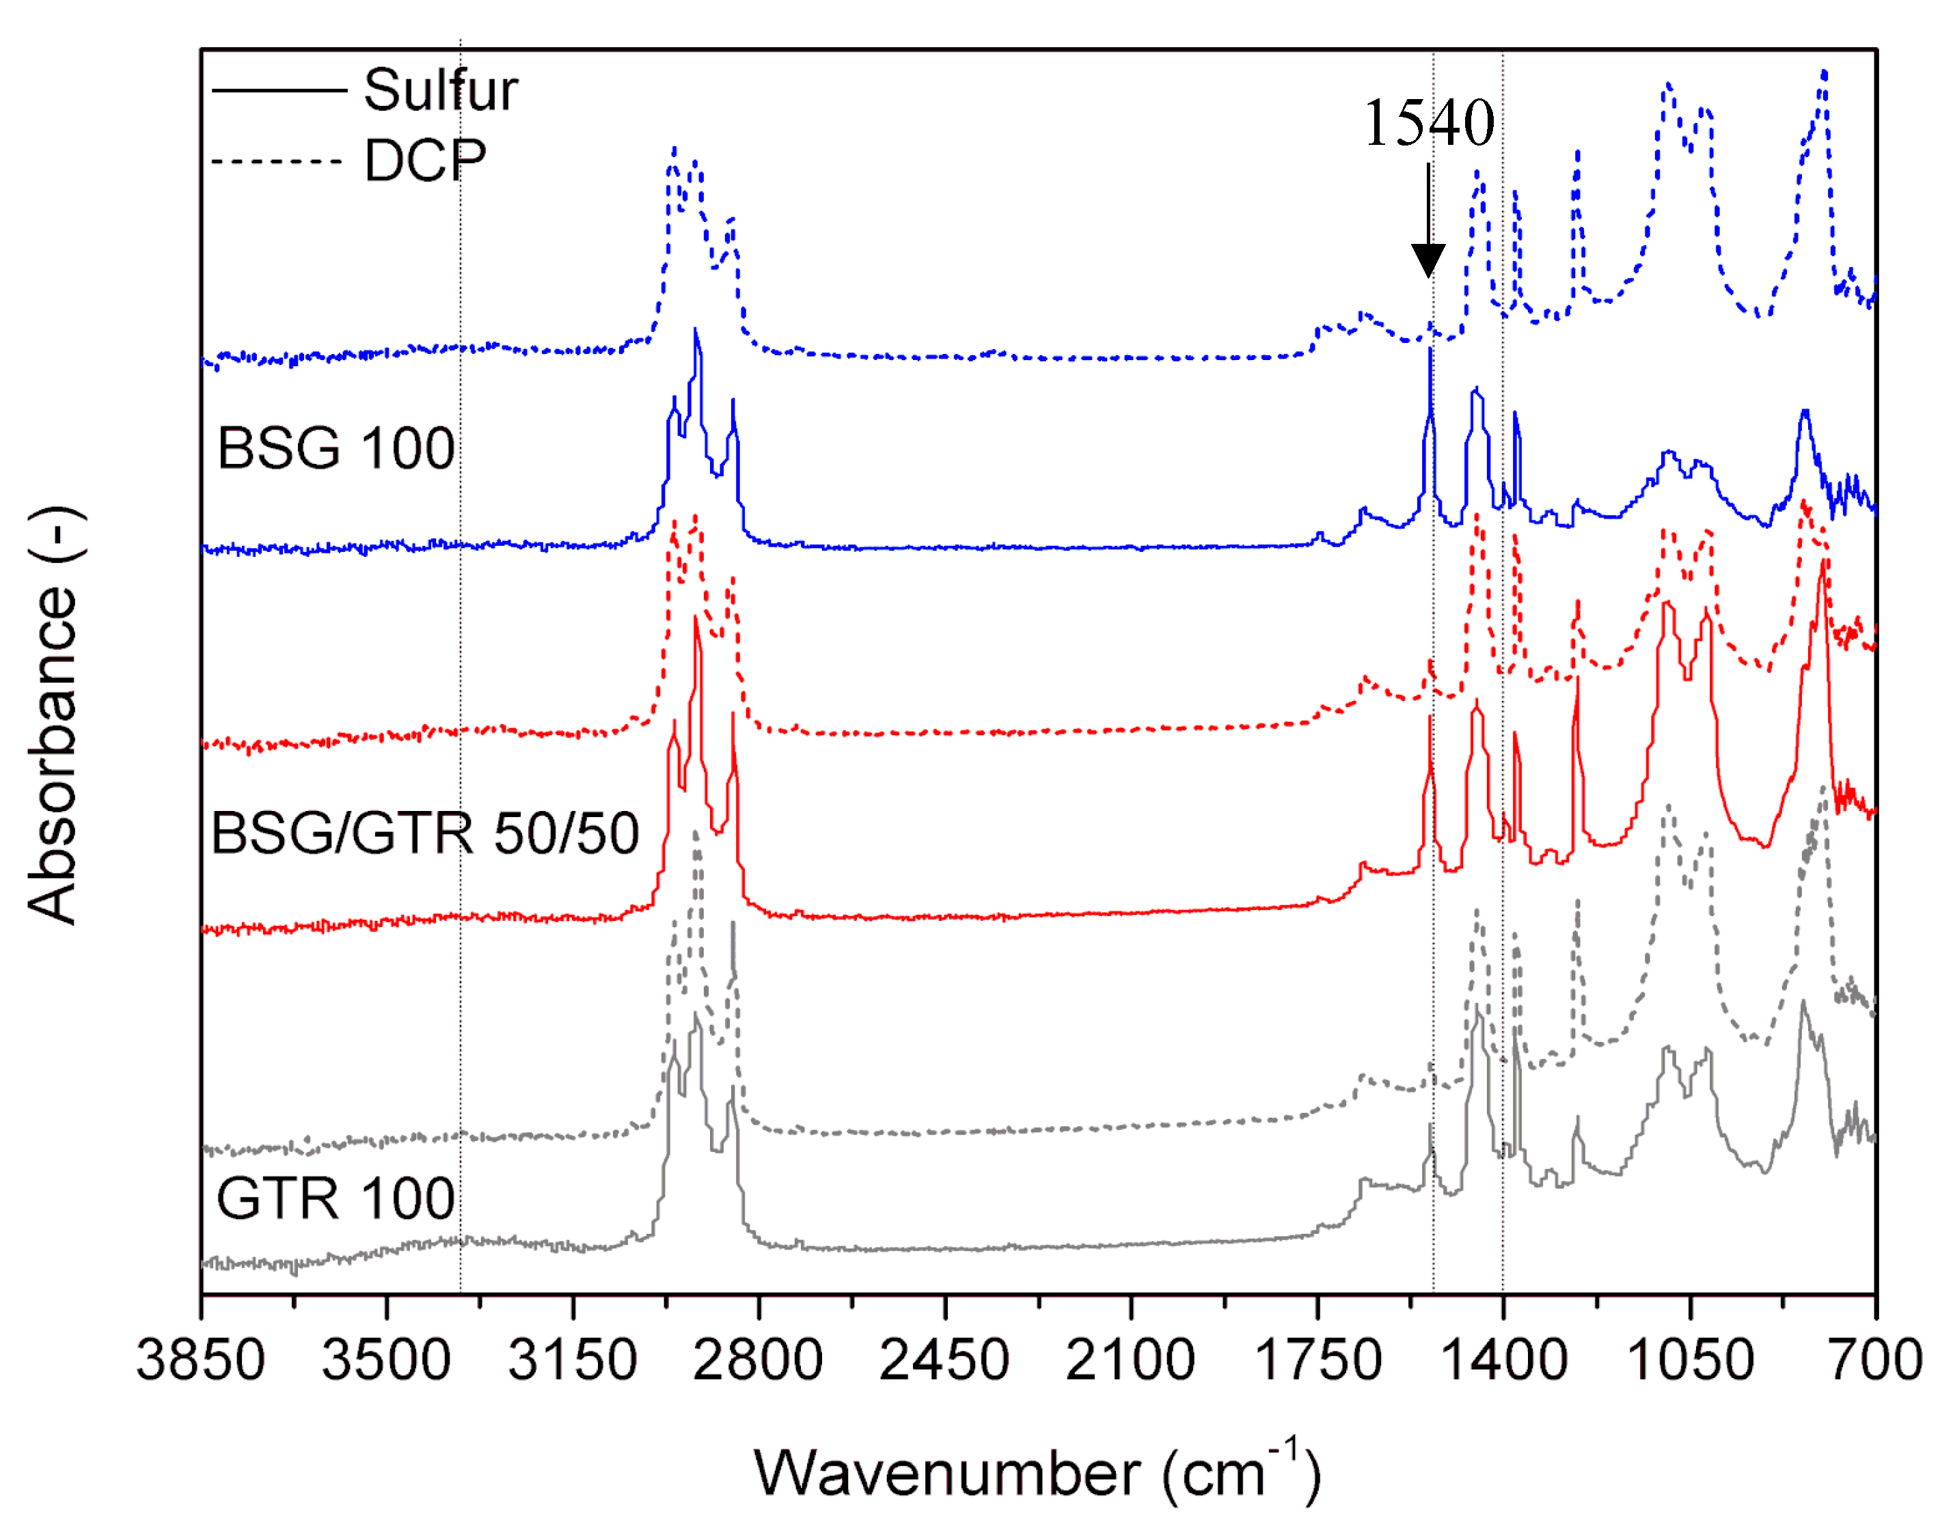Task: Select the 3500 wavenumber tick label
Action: [386, 1359]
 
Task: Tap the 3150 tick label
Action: [572, 1359]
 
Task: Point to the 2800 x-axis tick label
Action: [759, 1359]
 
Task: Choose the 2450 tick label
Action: [944, 1359]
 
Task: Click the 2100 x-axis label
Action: [1130, 1359]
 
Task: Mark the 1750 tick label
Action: [1317, 1359]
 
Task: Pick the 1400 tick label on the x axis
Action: [1503, 1359]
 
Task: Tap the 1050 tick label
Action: [1689, 1359]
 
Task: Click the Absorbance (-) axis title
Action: [54, 716]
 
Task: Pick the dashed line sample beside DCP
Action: [277, 162]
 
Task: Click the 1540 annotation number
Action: [1429, 123]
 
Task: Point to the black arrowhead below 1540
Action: [1428, 260]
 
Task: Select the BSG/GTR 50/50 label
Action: [425, 833]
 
